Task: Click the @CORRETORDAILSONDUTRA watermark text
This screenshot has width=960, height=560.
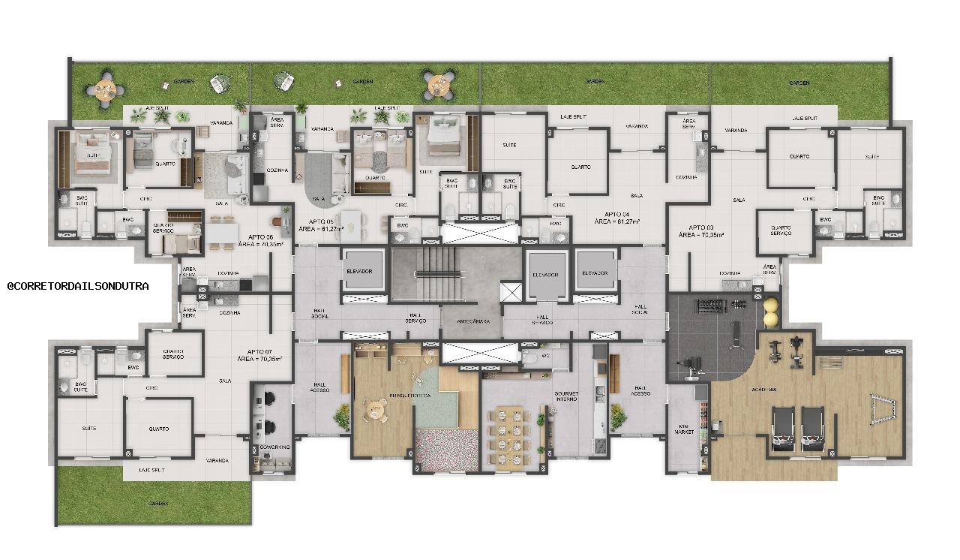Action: point(78,286)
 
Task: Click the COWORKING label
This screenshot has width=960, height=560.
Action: point(269,447)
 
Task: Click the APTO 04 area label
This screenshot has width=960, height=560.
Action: point(612,218)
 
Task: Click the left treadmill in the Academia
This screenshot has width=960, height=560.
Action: point(783,428)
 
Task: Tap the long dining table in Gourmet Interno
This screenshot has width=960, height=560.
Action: point(515,435)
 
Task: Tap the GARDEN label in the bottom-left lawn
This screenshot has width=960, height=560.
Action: point(158,503)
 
